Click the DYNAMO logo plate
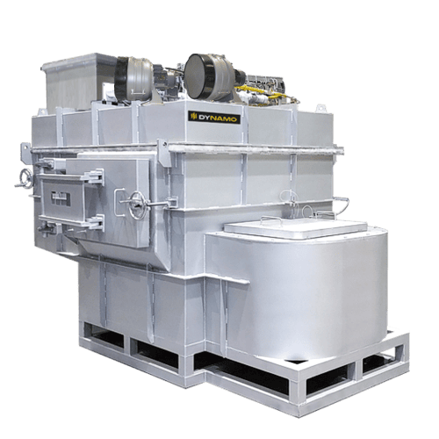[x=214, y=118]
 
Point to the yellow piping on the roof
[x=257, y=91]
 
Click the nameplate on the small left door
[x=61, y=198]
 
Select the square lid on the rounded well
[x=296, y=227]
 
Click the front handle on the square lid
[x=271, y=219]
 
